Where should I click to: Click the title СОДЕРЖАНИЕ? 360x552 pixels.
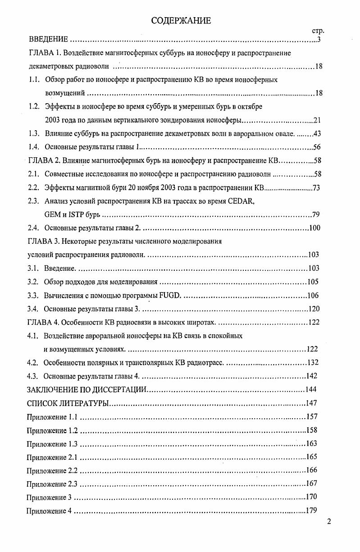(x=181, y=20)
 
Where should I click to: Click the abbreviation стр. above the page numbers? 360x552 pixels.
(x=318, y=31)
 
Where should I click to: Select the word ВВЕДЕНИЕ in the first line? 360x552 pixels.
(x=48, y=40)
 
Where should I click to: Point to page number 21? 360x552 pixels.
(x=317, y=120)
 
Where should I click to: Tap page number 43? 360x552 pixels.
(x=316, y=134)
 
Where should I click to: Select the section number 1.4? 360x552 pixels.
(x=34, y=147)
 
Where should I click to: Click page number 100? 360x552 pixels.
(x=314, y=228)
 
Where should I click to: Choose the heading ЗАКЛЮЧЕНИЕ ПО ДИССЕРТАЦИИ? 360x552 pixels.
(x=87, y=389)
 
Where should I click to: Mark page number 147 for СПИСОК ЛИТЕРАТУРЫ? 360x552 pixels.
(x=312, y=403)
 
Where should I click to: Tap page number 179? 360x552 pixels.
(x=311, y=511)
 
